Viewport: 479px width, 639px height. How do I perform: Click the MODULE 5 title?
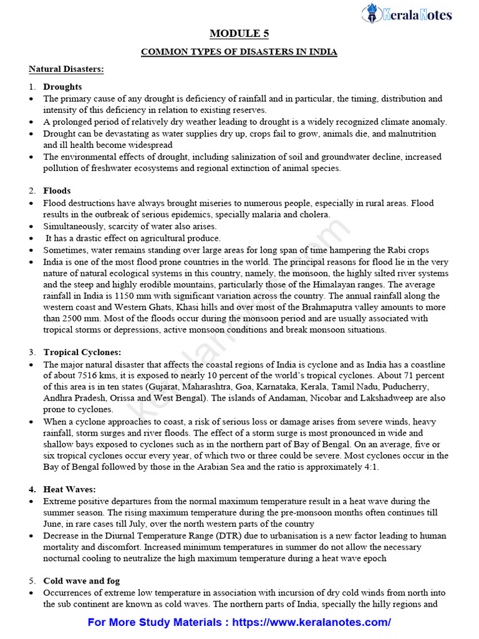tap(239, 34)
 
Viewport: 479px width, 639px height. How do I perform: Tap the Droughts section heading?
tap(62, 87)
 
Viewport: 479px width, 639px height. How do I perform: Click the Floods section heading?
tap(57, 191)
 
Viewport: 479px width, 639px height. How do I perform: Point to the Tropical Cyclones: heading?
tap(78, 352)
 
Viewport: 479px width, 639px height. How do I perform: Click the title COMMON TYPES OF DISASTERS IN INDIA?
tap(239, 52)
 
